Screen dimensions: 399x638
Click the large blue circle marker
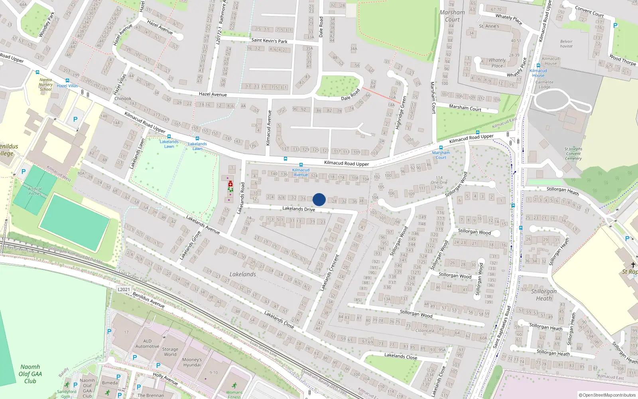pyautogui.click(x=319, y=199)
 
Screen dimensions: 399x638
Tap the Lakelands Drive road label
pyautogui.click(x=299, y=209)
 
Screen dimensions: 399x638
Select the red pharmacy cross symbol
pyautogui.click(x=230, y=184)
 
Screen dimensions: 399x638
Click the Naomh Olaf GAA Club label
pyautogui.click(x=30, y=374)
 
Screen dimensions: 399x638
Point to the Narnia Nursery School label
pyautogui.click(x=46, y=85)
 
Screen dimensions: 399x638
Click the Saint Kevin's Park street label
pyautogui.click(x=269, y=40)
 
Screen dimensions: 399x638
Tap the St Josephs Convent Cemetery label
pyautogui.click(x=573, y=154)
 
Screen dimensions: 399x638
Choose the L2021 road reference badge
pyautogui.click(x=124, y=289)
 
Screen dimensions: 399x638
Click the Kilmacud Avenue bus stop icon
pyautogui.click(x=301, y=165)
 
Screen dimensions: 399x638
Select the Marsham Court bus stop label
pyautogui.click(x=441, y=155)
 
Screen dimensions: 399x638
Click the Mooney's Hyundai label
pyautogui.click(x=192, y=362)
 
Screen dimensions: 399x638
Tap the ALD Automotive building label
pyautogui.click(x=147, y=344)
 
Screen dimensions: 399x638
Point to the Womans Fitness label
pyautogui.click(x=234, y=395)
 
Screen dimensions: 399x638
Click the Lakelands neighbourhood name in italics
pyautogui.click(x=242, y=275)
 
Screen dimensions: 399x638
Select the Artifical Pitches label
pyautogui.click(x=35, y=191)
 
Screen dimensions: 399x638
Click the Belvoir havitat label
pyautogui.click(x=566, y=44)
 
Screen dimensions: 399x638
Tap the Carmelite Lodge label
pyautogui.click(x=544, y=85)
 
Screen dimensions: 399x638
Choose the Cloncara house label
pyautogui.click(x=425, y=330)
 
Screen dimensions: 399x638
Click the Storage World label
pyautogui.click(x=170, y=352)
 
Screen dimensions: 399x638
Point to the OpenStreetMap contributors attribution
pyautogui.click(x=607, y=395)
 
